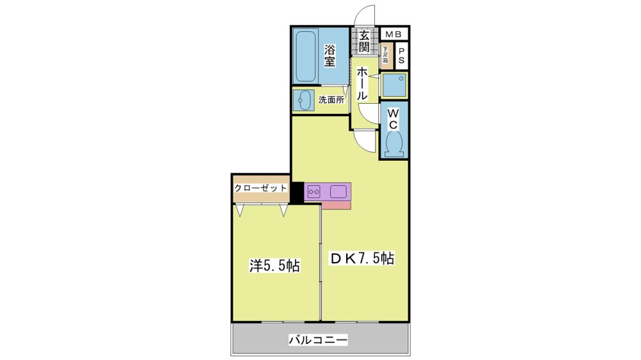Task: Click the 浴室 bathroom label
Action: tap(330, 56)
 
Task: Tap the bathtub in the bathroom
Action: tap(305, 56)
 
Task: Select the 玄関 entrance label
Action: tap(364, 41)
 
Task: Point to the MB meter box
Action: tap(394, 35)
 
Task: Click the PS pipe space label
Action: tap(401, 56)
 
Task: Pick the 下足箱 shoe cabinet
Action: tap(385, 56)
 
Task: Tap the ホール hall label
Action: tap(362, 84)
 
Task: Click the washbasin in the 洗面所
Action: tap(303, 101)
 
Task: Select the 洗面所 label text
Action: tap(331, 99)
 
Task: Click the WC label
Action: tap(393, 118)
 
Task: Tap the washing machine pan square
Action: tap(394, 85)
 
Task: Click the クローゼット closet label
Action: tap(261, 188)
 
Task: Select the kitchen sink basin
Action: tap(338, 192)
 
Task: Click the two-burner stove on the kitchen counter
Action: tap(314, 192)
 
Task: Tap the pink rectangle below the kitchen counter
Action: tap(336, 205)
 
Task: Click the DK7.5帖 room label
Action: tap(362, 258)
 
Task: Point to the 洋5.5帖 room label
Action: tap(275, 266)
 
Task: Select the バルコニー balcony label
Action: tap(319, 340)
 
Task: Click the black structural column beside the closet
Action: tap(297, 192)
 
